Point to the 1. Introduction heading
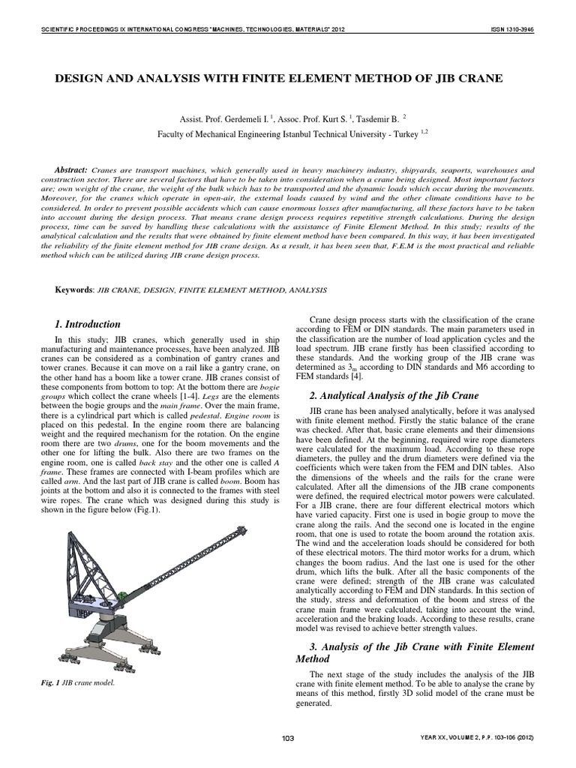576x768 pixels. pos(88,324)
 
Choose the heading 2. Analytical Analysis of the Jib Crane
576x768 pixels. pos(394,395)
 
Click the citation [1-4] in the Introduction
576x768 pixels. pos(184,395)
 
